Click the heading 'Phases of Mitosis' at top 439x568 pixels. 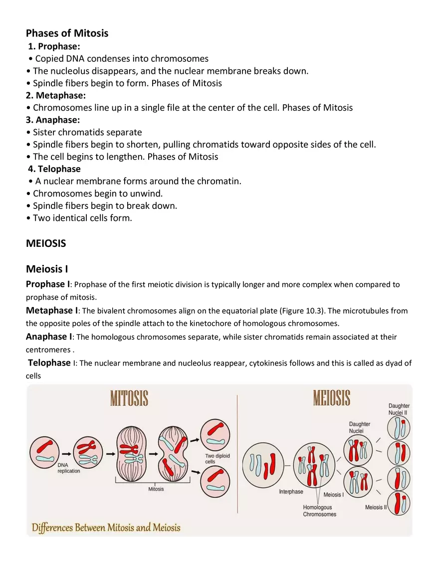(x=67, y=33)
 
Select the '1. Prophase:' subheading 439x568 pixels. (x=54, y=46)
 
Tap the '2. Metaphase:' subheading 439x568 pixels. (x=56, y=95)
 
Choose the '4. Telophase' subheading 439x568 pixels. (x=54, y=169)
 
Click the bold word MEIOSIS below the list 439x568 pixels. (x=46, y=243)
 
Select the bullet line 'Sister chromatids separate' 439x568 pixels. (x=87, y=132)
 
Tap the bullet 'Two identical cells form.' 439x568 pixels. (x=82, y=218)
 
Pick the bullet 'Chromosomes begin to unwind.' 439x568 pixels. (x=98, y=193)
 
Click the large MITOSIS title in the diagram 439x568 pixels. (x=129, y=399)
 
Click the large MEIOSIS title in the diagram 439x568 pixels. (x=332, y=398)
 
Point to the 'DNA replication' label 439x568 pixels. (x=68, y=468)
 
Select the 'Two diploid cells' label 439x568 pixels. (x=218, y=459)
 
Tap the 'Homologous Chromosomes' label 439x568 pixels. (x=319, y=511)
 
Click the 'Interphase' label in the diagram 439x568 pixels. (x=291, y=492)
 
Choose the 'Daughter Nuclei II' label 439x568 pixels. (x=399, y=409)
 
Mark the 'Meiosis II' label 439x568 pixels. (x=376, y=507)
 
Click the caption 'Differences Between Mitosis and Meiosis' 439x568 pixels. (x=106, y=528)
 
